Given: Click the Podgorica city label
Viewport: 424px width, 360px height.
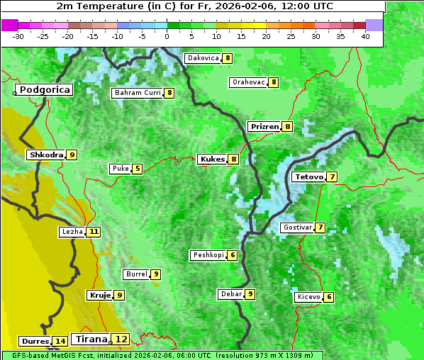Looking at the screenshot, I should point(44,90).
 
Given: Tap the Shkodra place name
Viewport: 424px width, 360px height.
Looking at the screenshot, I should point(46,154).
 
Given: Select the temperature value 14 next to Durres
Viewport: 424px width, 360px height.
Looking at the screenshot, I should point(61,342).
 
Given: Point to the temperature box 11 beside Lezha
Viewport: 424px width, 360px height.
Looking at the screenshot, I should point(94,232).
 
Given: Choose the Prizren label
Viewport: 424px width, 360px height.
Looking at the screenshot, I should point(264,127).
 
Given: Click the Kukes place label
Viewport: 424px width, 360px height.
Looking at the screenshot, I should point(212,159).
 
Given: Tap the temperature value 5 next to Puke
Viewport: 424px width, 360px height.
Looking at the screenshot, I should point(137,169).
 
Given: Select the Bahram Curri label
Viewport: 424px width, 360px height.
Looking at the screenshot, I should point(138,93).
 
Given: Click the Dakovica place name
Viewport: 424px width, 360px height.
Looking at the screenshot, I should point(202,58).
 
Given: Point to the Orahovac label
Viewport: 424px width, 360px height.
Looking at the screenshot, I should point(248,82).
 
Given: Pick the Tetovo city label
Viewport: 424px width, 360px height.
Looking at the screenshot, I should point(308,176).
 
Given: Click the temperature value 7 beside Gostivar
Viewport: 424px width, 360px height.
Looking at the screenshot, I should point(320,227).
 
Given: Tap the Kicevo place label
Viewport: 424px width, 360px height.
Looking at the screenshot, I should point(309,297).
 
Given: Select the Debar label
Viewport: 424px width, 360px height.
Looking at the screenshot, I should point(231,293).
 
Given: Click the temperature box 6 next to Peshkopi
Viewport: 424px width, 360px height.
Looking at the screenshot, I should point(233,255).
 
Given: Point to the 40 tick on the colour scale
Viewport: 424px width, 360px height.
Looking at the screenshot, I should point(365,36).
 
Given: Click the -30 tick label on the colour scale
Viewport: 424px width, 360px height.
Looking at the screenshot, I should point(18,36).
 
